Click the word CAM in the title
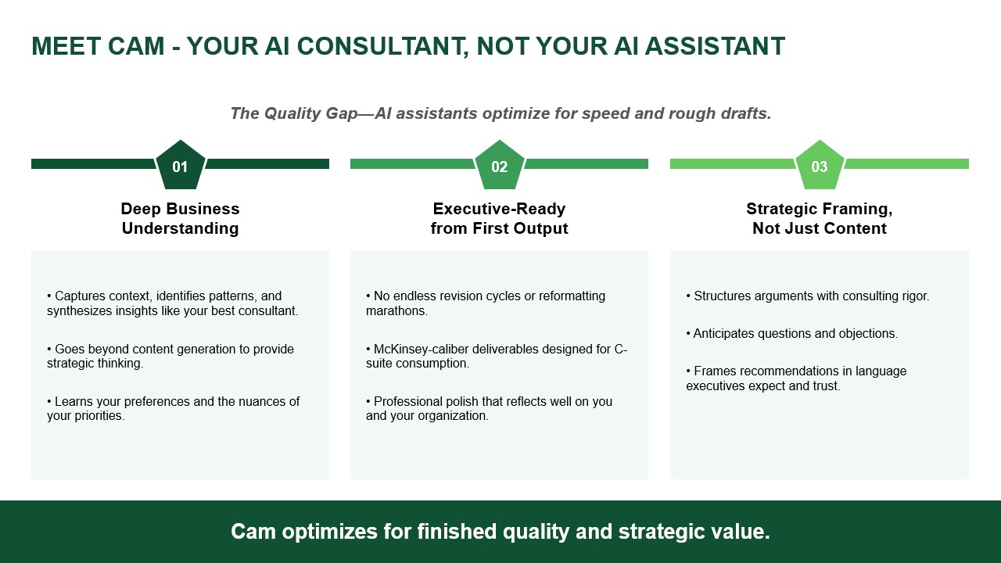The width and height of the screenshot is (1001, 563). (x=136, y=46)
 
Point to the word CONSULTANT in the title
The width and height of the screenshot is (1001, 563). (x=382, y=46)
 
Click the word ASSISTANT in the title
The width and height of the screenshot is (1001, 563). (x=715, y=46)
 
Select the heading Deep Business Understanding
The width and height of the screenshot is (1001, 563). (x=180, y=218)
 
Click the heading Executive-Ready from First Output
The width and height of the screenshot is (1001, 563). (x=499, y=218)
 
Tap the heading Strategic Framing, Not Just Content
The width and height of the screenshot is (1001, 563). (x=819, y=218)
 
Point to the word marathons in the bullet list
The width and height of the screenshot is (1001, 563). (x=396, y=311)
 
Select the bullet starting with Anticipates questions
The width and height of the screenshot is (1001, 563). (x=792, y=334)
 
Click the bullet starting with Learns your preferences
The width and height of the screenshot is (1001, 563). (x=174, y=408)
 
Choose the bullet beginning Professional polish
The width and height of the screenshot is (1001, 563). (x=490, y=408)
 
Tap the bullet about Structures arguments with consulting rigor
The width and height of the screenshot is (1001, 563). (x=808, y=296)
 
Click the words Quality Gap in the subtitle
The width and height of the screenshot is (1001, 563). (x=311, y=113)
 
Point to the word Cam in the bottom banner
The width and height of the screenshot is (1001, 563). (x=253, y=532)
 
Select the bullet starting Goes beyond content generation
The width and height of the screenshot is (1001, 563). (x=170, y=356)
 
